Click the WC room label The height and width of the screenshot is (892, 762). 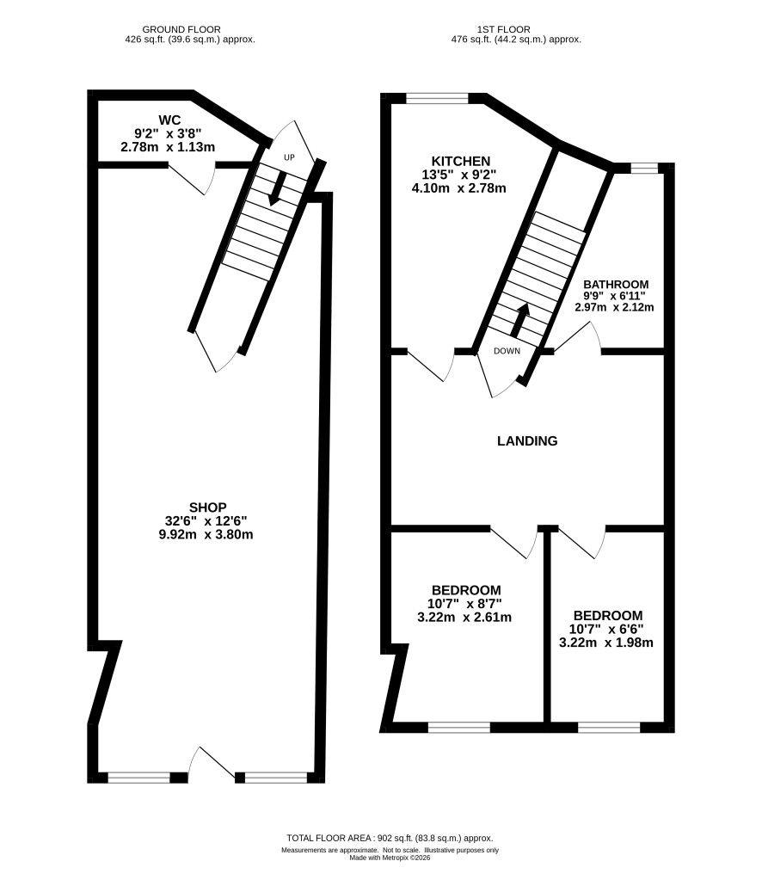click(169, 120)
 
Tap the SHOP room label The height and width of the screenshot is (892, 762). click(208, 508)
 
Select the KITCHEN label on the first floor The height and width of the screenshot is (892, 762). click(461, 161)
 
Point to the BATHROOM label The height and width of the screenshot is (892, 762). click(616, 285)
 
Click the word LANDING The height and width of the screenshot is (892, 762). click(527, 441)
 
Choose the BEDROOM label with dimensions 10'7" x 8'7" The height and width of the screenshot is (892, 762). click(466, 590)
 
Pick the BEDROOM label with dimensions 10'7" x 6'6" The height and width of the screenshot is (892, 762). click(608, 616)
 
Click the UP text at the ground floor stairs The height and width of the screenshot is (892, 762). click(290, 157)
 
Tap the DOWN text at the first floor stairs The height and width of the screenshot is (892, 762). click(507, 351)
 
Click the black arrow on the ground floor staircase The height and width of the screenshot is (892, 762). click(276, 188)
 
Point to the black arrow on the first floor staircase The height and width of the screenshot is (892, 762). click(520, 320)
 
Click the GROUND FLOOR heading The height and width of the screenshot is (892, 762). click(181, 29)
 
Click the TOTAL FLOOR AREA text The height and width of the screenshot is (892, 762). click(329, 838)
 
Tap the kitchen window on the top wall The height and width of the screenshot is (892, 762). click(437, 98)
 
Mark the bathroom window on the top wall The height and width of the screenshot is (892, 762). click(643, 167)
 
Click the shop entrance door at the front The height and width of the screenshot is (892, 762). click(212, 762)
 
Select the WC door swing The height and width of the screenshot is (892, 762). click(192, 178)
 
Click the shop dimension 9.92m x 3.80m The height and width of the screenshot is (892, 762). click(206, 535)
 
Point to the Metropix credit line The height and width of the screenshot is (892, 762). click(390, 858)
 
